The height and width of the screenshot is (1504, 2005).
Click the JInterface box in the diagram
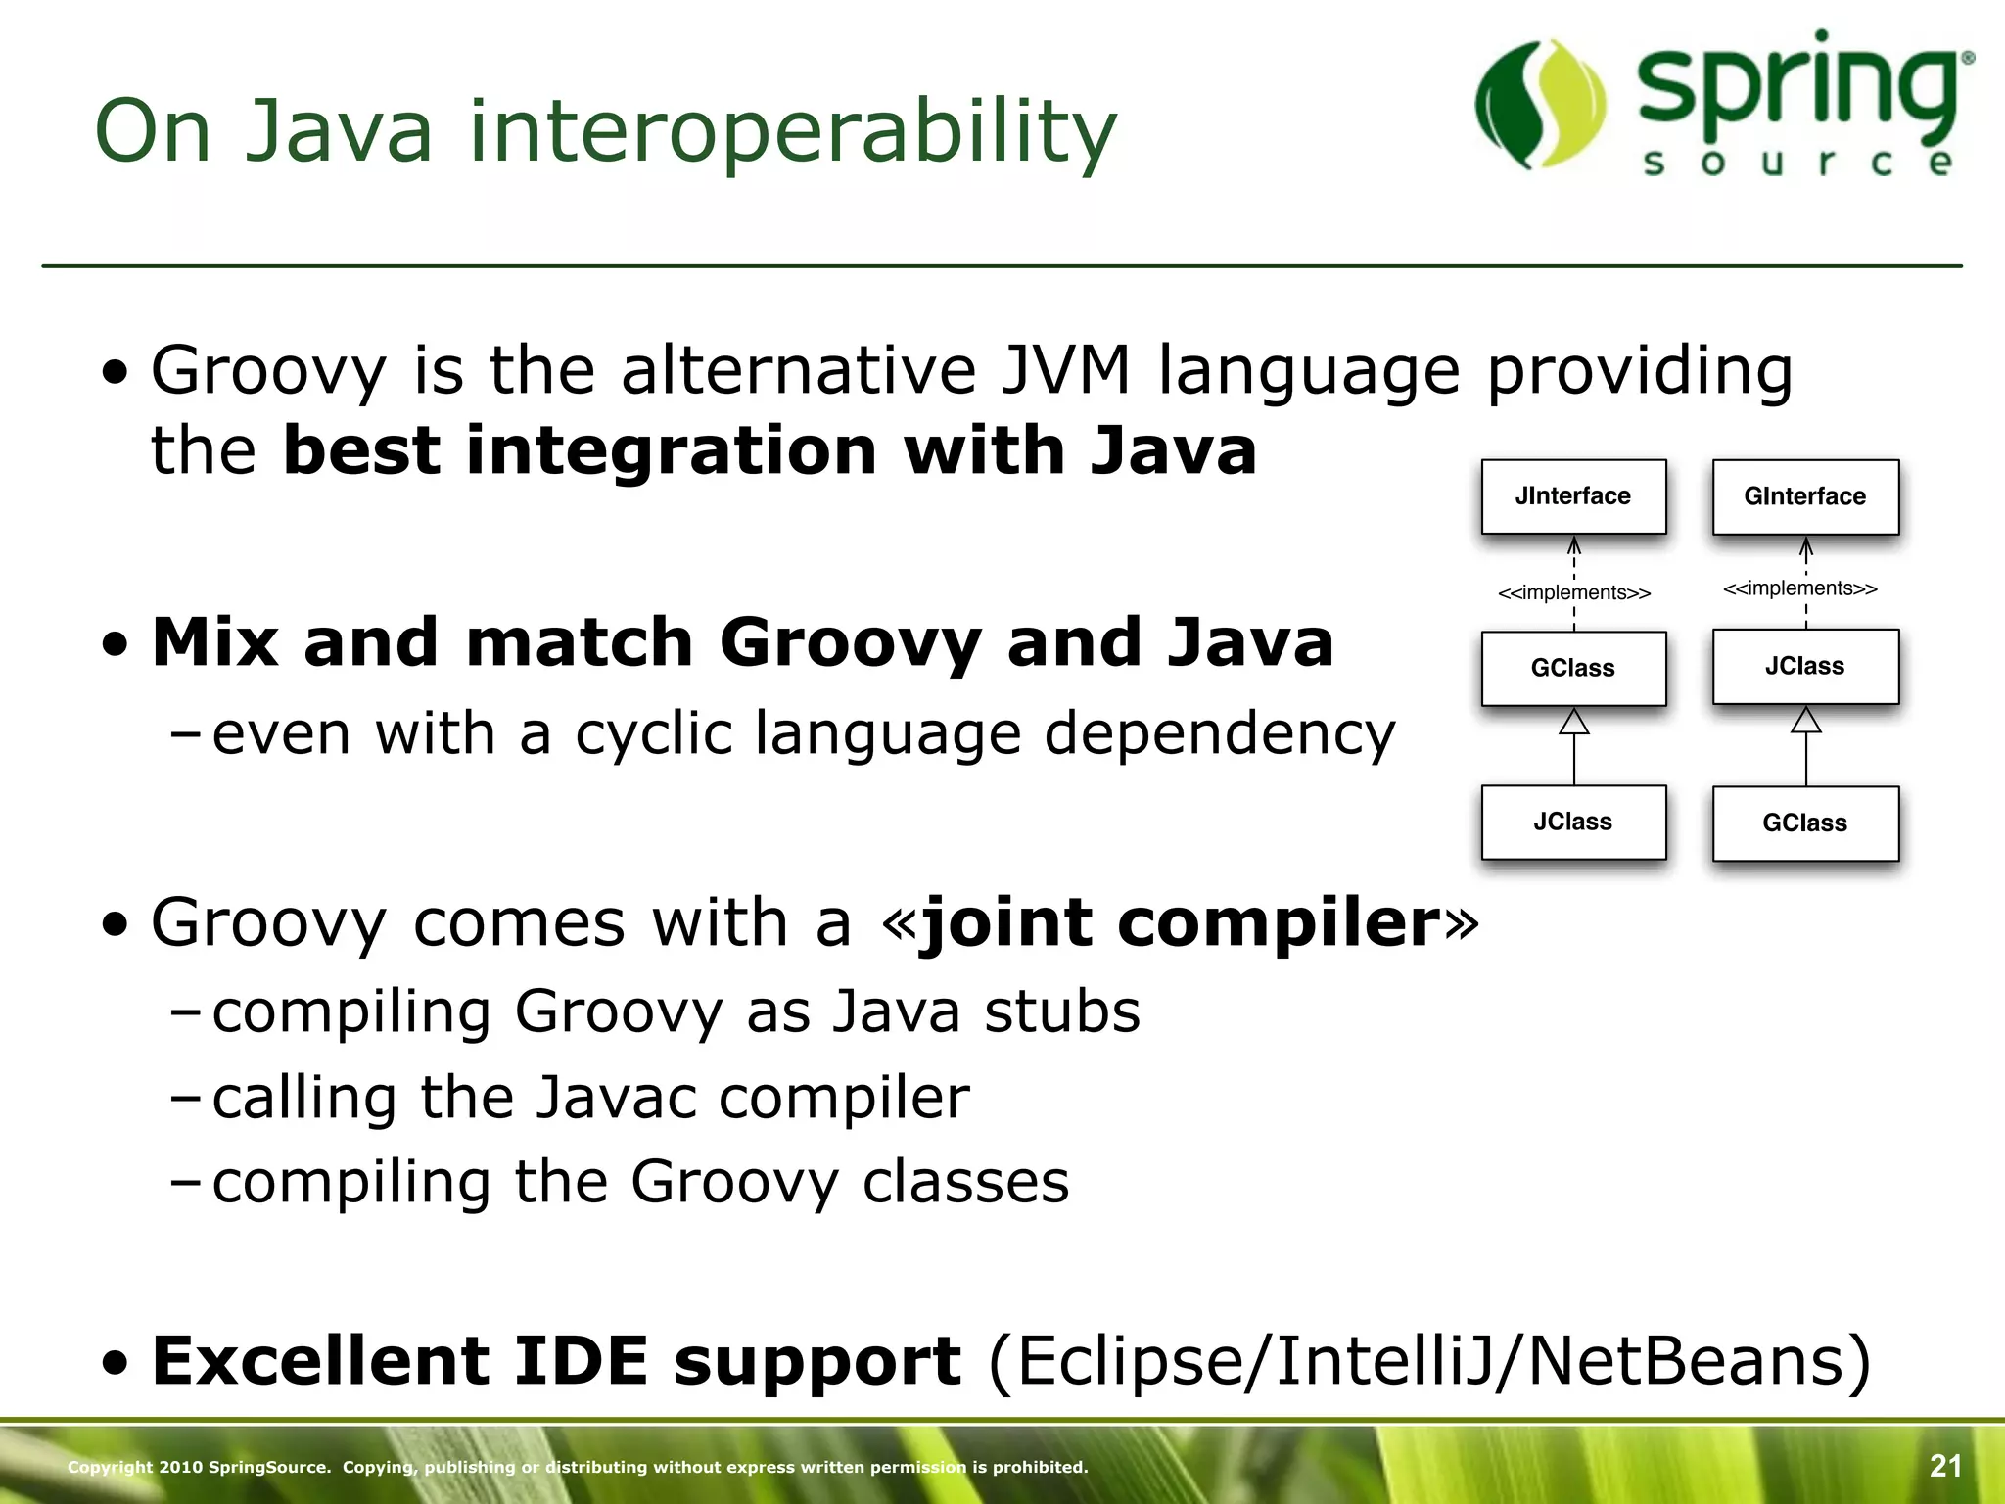[1572, 496]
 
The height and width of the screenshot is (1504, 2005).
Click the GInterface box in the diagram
[1804, 496]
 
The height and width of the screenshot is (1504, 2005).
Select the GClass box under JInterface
[1572, 668]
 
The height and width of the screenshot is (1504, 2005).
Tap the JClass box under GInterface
[1804, 666]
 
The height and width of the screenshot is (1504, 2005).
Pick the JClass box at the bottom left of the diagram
[1572, 822]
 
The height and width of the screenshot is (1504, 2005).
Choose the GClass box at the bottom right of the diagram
[1804, 822]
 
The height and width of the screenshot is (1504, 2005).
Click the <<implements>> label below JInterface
[1573, 593]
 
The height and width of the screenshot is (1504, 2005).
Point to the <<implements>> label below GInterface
[1799, 588]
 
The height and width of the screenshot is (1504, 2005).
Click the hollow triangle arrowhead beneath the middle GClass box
[1574, 723]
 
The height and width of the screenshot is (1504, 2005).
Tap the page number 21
[1945, 1466]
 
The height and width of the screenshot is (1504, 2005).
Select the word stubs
[1062, 1011]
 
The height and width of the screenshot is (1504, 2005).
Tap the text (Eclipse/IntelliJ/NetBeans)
[1428, 1361]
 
